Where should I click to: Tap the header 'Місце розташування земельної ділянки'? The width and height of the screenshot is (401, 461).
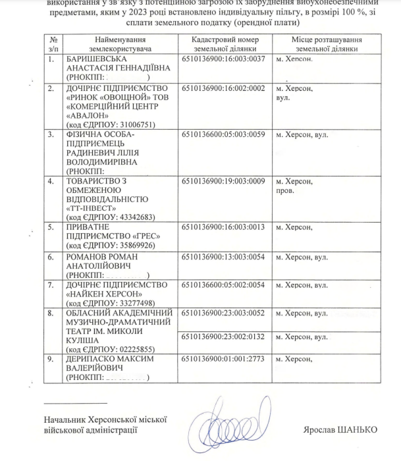click(x=327, y=43)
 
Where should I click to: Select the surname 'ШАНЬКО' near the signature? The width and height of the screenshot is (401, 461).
click(x=360, y=430)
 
